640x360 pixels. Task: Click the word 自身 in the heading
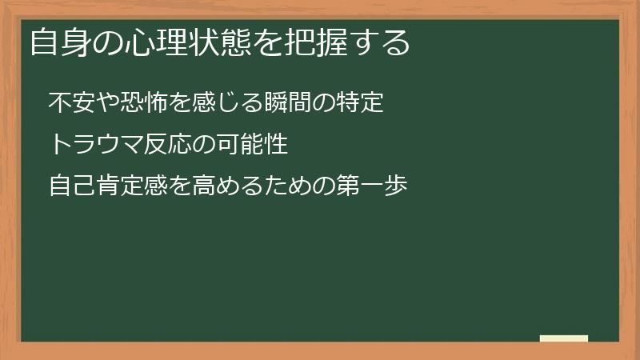[57, 42]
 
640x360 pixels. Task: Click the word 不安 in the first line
[68, 103]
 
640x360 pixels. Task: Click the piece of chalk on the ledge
[564, 338]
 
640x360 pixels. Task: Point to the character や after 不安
[98, 103]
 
